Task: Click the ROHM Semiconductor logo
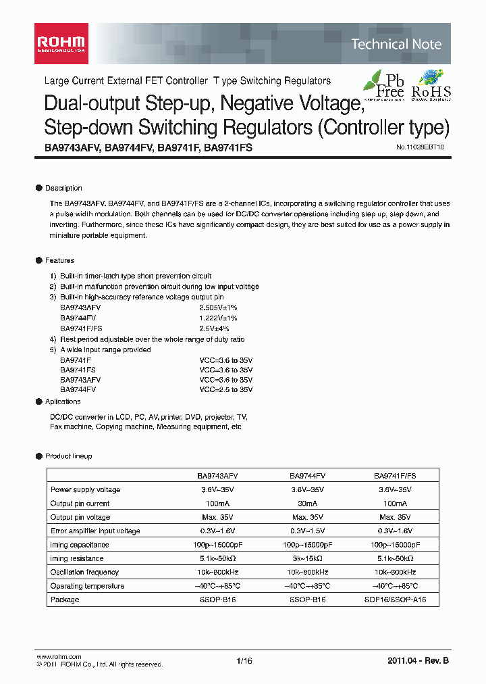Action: (x=60, y=43)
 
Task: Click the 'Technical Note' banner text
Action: (x=396, y=45)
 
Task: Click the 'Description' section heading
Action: (x=63, y=188)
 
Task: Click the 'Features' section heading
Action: (x=59, y=260)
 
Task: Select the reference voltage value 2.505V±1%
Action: (x=218, y=308)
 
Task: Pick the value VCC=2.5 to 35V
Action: (x=225, y=389)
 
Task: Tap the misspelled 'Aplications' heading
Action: (x=63, y=401)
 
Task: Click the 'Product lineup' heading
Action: (x=68, y=456)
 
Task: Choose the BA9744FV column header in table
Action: (x=307, y=476)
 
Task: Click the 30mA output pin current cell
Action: (x=307, y=504)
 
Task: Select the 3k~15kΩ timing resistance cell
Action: (x=307, y=558)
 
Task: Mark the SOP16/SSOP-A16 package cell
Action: (x=396, y=600)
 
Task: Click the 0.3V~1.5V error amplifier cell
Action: (x=307, y=531)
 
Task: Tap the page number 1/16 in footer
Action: (x=244, y=662)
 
